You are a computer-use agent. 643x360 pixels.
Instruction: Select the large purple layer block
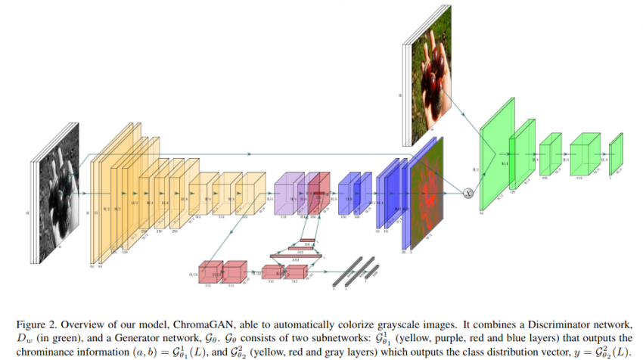pos(287,196)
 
